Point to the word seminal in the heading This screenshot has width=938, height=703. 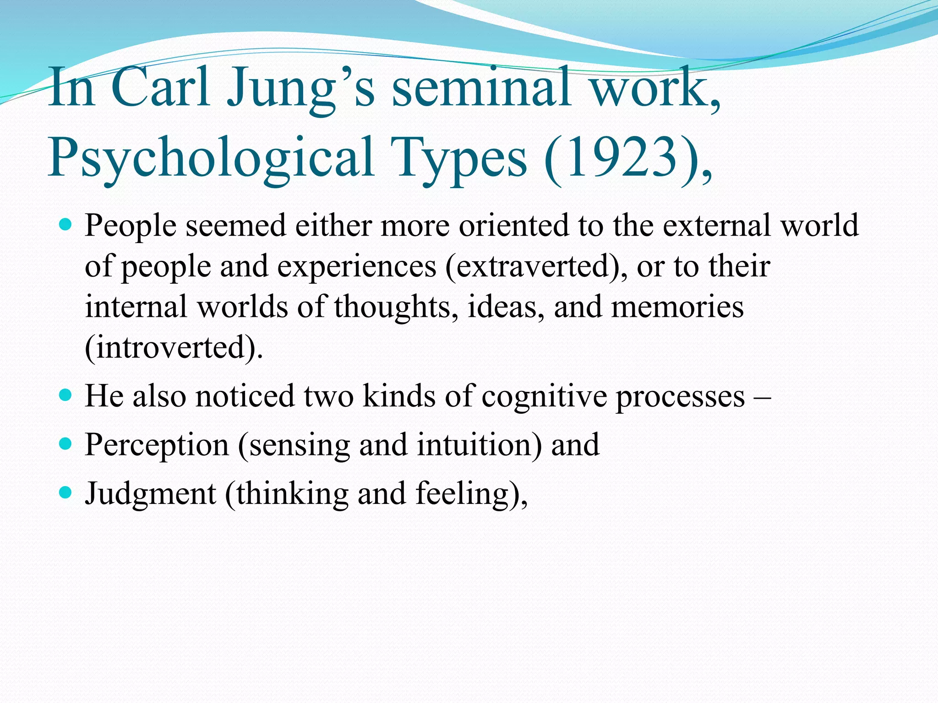(481, 88)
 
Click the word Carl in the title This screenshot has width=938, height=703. (161, 88)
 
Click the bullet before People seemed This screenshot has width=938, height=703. (66, 225)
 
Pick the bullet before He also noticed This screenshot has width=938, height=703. (66, 395)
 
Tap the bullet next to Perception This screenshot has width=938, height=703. (66, 443)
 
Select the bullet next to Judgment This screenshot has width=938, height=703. (66, 492)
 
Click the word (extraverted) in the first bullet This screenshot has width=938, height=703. (536, 266)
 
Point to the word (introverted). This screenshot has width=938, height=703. (174, 347)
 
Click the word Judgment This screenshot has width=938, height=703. (150, 494)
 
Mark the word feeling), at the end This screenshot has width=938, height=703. (472, 494)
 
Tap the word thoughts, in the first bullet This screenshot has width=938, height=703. (396, 307)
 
